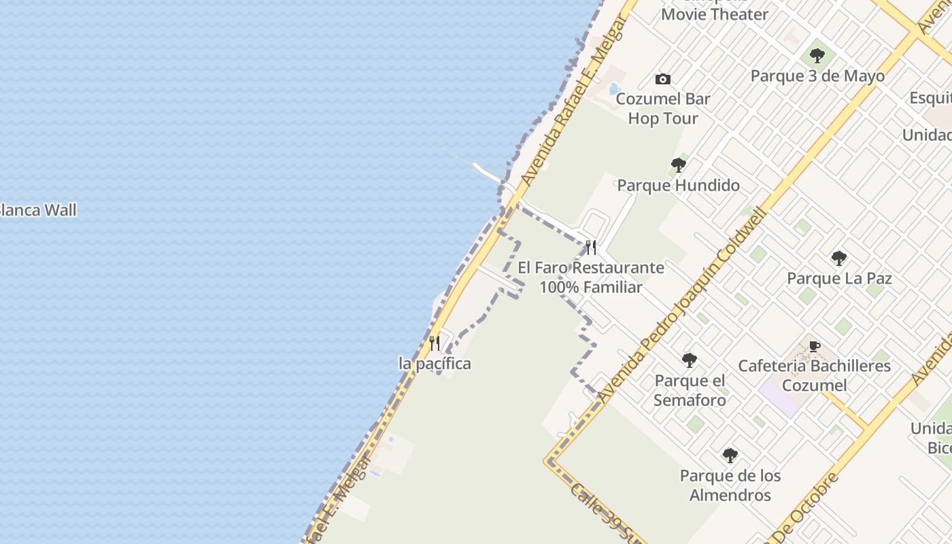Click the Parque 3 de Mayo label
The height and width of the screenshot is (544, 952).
pyautogui.click(x=817, y=76)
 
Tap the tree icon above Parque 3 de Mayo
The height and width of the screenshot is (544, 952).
pyautogui.click(x=817, y=56)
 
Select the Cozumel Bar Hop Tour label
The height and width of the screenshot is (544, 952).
pyautogui.click(x=663, y=109)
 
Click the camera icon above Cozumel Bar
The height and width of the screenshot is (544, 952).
pyautogui.click(x=663, y=80)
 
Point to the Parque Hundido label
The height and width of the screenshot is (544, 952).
pyautogui.click(x=678, y=185)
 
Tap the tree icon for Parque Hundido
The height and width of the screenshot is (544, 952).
pyautogui.click(x=678, y=165)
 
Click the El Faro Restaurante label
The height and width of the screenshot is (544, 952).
pyautogui.click(x=591, y=277)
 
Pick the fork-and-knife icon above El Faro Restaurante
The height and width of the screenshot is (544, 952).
pyautogui.click(x=591, y=247)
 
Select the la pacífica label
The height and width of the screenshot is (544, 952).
pyautogui.click(x=435, y=364)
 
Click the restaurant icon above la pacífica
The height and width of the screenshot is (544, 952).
pyautogui.click(x=435, y=343)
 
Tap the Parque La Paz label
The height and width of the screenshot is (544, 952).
pyautogui.click(x=839, y=278)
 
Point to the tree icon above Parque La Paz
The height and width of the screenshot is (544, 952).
pyautogui.click(x=839, y=258)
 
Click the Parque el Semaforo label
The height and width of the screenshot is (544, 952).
pyautogui.click(x=690, y=390)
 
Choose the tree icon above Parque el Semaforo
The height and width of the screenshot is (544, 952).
pyautogui.click(x=690, y=360)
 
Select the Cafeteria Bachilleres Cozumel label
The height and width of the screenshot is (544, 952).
pyautogui.click(x=814, y=375)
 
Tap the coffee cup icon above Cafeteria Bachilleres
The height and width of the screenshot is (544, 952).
pyautogui.click(x=814, y=347)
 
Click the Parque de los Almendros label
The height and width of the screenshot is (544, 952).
pyautogui.click(x=730, y=485)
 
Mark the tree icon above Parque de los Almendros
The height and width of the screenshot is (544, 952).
pyautogui.click(x=730, y=455)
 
